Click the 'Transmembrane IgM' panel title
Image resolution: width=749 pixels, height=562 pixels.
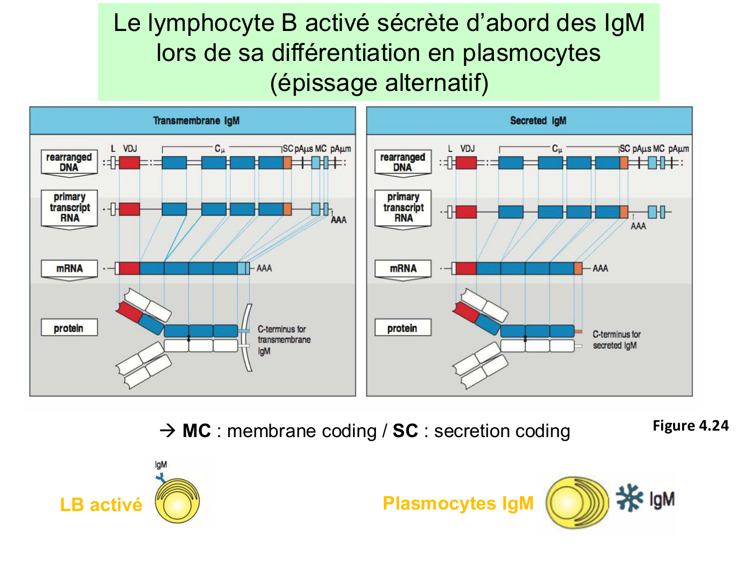[196, 121]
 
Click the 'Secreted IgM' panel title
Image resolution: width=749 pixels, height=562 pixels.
[538, 121]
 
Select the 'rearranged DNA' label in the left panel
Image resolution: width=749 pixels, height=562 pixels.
[69, 162]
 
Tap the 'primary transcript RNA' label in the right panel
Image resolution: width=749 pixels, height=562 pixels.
[403, 207]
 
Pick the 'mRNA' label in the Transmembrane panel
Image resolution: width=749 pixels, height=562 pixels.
[69, 268]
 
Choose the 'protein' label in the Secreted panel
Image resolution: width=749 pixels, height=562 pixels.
[402, 328]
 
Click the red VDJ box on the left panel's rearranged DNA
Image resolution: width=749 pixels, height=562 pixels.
[129, 162]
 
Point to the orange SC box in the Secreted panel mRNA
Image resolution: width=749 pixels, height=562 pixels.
[578, 268]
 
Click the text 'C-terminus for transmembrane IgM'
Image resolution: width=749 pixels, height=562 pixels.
[284, 340]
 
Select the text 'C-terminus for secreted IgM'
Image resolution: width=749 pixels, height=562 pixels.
[616, 340]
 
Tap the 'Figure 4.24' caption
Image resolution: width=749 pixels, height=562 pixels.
[691, 426]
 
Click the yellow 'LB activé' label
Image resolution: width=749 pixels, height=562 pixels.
[101, 505]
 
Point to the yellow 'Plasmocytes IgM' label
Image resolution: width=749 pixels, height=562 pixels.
[458, 503]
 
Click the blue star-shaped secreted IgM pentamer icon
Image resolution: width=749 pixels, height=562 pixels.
[629, 498]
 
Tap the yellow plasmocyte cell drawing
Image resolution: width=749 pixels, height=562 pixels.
[576, 502]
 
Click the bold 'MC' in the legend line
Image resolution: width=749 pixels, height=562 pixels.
[196, 431]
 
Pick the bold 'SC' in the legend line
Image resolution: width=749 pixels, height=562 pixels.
[405, 431]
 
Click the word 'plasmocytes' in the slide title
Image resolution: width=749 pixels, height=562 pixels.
[531, 53]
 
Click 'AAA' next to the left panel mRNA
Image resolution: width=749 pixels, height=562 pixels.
[264, 268]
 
